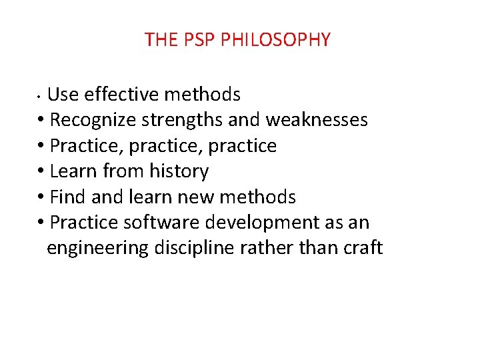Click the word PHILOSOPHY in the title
click(x=275, y=40)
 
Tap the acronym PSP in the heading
click(x=199, y=40)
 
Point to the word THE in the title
click(x=161, y=40)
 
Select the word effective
click(x=122, y=95)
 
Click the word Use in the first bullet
click(x=63, y=95)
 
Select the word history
click(x=178, y=171)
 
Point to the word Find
click(x=68, y=197)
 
